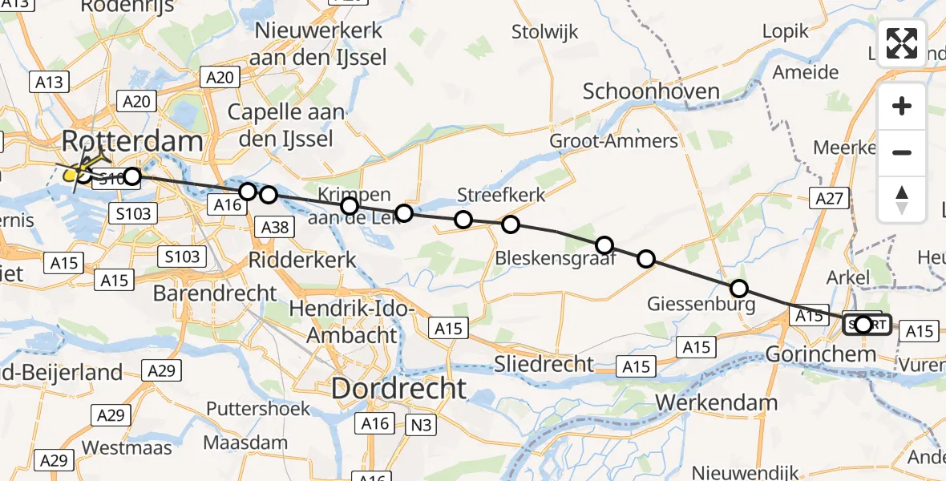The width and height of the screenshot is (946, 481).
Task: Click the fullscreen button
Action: click(x=902, y=42)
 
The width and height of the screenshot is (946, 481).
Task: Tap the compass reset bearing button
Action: click(x=902, y=200)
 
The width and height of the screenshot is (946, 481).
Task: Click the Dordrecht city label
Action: click(x=398, y=390)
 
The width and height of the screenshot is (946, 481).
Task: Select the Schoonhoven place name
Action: click(x=651, y=91)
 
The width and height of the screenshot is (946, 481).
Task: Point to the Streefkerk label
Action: click(x=501, y=195)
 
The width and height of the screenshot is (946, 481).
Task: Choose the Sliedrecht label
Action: click(x=544, y=363)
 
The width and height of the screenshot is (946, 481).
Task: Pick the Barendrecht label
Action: click(x=215, y=293)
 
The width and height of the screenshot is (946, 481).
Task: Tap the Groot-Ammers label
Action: click(x=613, y=142)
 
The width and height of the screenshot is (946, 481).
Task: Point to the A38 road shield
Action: click(x=275, y=228)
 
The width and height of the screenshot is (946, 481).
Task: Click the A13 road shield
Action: click(x=49, y=82)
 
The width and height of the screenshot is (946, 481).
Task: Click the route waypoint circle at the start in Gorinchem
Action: click(x=863, y=325)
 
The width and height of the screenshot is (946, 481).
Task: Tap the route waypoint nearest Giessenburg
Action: click(x=738, y=289)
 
